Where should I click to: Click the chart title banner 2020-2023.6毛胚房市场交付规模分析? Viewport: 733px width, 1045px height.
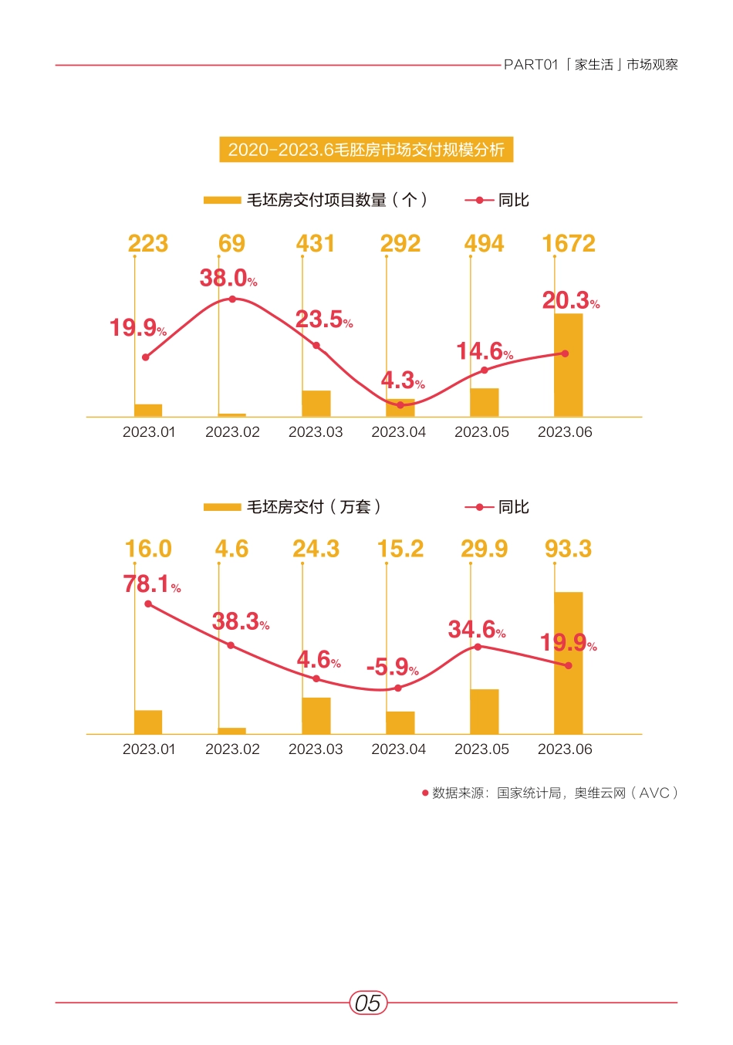pyautogui.click(x=366, y=149)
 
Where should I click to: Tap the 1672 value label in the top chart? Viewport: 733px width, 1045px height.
pyautogui.click(x=568, y=244)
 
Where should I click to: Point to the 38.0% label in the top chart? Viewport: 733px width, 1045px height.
pyautogui.click(x=228, y=278)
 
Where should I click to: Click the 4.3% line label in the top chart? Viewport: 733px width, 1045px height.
pyautogui.click(x=402, y=380)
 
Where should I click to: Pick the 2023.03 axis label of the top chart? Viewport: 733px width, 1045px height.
pyautogui.click(x=316, y=432)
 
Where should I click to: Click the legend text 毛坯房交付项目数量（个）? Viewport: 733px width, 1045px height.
pyautogui.click(x=336, y=200)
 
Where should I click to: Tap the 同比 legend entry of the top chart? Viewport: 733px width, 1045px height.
pyautogui.click(x=512, y=200)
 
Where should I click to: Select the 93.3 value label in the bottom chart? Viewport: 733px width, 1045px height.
pyautogui.click(x=568, y=549)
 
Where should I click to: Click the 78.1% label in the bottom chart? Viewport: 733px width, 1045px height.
pyautogui.click(x=152, y=584)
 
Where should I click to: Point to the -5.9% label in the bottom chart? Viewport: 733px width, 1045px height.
pyautogui.click(x=393, y=667)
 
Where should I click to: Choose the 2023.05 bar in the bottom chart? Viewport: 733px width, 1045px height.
pyautogui.click(x=484, y=711)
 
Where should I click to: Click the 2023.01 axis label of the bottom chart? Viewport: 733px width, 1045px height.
pyautogui.click(x=149, y=749)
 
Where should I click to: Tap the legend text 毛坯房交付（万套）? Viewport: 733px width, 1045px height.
pyautogui.click(x=313, y=507)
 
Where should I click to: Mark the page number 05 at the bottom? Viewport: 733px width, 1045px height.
pyautogui.click(x=368, y=1003)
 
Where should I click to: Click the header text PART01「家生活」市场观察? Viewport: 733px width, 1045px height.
pyautogui.click(x=590, y=65)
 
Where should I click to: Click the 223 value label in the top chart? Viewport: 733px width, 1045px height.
pyautogui.click(x=148, y=244)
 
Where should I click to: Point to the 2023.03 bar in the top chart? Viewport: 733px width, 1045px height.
pyautogui.click(x=316, y=404)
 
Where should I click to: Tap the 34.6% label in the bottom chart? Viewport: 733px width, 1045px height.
pyautogui.click(x=477, y=630)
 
